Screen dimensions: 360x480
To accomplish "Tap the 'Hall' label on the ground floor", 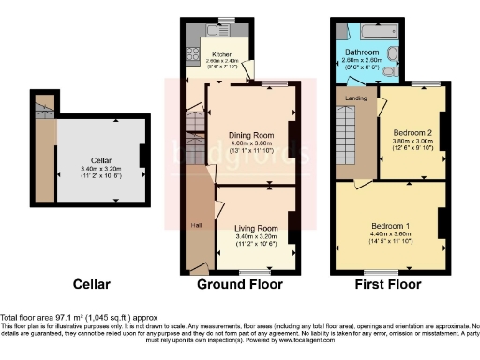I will pyautogui.click(x=197, y=225).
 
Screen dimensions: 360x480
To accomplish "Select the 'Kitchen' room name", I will pyautogui.click(x=222, y=54).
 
